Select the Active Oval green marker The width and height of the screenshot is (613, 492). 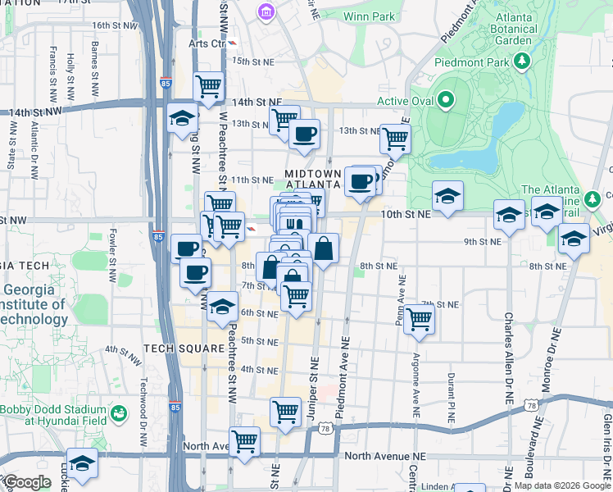(446, 101)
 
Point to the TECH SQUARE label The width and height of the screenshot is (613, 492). (184, 348)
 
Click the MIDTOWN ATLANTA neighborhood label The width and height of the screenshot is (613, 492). (312, 180)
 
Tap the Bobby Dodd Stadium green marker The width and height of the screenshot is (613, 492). (120, 412)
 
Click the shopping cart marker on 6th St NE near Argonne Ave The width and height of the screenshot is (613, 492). (419, 319)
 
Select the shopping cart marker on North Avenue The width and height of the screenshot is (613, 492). (245, 440)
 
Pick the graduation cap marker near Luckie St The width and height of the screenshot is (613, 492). (82, 463)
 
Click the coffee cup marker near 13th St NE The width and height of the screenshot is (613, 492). (305, 134)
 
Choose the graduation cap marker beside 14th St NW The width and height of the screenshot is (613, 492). (181, 119)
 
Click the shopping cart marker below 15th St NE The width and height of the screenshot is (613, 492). (209, 85)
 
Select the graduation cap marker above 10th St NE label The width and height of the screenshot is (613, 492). (447, 196)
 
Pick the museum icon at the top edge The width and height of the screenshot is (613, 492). (266, 11)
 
